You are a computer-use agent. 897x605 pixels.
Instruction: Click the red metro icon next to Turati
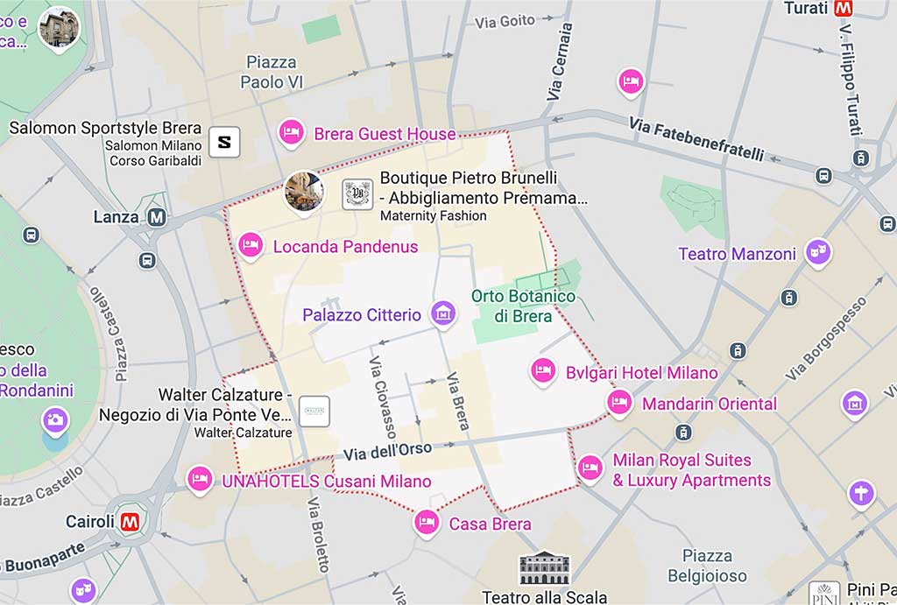844,9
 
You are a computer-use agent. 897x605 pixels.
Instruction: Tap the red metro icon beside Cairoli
130,522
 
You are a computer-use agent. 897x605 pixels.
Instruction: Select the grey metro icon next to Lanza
158,216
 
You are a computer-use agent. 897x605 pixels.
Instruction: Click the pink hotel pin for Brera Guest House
291,132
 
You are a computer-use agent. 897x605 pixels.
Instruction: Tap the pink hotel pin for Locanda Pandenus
251,245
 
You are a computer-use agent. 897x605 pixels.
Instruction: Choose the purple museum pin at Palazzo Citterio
443,313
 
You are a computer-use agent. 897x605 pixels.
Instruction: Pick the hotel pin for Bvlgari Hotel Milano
543,370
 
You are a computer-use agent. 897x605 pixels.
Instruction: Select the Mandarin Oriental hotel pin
619,402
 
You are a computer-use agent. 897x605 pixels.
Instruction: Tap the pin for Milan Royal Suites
590,468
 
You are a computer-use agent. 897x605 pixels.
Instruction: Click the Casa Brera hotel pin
427,522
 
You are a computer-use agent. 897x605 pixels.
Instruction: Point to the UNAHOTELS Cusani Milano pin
200,479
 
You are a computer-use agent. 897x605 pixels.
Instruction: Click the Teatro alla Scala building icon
544,568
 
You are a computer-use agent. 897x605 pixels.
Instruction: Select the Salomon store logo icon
224,142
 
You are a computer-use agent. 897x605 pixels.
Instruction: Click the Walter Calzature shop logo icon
314,411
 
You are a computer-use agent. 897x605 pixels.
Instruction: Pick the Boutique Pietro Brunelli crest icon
357,193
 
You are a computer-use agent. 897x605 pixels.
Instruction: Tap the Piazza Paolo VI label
272,72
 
